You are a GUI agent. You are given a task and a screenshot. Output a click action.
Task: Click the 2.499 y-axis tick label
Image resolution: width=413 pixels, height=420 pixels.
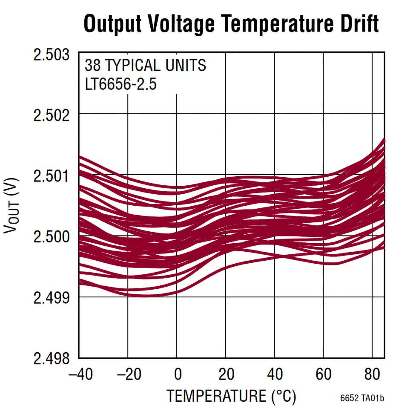pos(52,297)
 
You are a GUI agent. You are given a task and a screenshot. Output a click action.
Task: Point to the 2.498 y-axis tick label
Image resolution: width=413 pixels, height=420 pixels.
pos(52,358)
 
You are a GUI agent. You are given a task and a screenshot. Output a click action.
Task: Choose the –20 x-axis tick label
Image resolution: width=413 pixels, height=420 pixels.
pos(129,374)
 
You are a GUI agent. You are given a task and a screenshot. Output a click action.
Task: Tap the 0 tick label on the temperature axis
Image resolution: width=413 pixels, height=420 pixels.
pos(178,374)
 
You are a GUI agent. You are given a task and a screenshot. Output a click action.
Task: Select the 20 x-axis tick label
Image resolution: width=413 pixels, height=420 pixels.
pos(227,374)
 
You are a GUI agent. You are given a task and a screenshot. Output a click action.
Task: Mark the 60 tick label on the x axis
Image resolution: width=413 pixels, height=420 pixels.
pos(324,374)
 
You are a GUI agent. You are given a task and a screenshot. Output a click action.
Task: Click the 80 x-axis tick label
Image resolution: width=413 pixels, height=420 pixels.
pos(373,374)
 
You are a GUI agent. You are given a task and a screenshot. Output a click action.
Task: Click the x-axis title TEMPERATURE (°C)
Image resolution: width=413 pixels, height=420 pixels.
pos(231,396)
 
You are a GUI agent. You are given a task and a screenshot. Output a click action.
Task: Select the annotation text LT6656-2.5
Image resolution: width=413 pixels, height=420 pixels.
pos(121,84)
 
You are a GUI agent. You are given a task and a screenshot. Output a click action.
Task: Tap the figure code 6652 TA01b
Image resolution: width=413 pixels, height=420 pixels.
pos(362,399)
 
